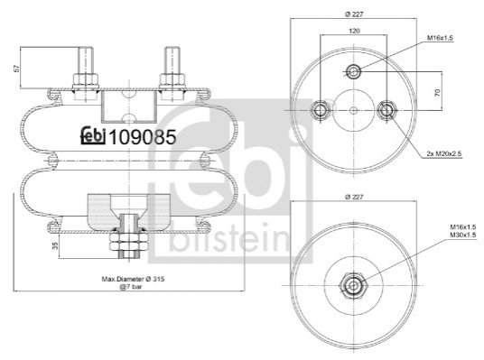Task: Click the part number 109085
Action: [143, 136]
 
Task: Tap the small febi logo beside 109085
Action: [93, 135]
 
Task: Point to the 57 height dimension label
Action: [17, 68]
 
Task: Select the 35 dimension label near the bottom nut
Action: [55, 245]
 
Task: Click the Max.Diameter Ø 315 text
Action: [133, 279]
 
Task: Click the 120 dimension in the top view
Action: [354, 31]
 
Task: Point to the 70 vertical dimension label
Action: [437, 92]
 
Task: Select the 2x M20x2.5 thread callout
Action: [444, 153]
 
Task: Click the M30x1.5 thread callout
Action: [462, 235]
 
